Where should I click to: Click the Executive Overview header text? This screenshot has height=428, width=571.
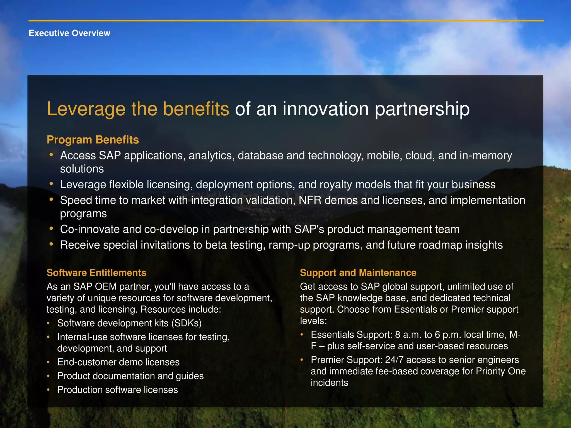point(69,33)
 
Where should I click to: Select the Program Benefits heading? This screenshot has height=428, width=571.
point(93,140)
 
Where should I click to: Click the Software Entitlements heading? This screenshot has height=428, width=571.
point(96,273)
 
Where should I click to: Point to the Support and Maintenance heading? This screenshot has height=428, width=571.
point(358,273)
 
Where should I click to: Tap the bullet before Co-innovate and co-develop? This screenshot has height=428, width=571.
point(51,228)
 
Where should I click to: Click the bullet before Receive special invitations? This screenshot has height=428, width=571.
point(51,244)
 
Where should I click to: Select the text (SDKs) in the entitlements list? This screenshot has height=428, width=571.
point(186,323)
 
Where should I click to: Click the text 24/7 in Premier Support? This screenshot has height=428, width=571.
point(394,360)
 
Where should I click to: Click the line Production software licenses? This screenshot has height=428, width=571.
point(117,390)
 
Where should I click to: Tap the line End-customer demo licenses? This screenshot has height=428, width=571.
point(118,362)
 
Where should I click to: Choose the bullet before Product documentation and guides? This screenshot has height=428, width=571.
point(48,376)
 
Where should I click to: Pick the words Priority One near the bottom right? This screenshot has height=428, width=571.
point(500,371)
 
